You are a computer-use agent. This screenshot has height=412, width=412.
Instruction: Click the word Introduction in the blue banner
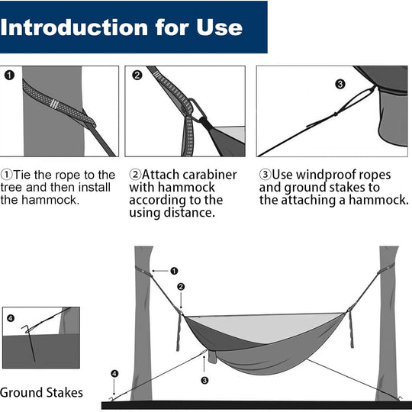(74, 27)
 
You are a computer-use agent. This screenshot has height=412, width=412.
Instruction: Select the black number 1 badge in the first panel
(9, 76)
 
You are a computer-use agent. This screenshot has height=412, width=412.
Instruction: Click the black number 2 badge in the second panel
(137, 76)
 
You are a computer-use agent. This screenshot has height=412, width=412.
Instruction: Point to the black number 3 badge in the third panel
(340, 85)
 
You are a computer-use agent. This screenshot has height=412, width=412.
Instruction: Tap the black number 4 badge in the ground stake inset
(11, 318)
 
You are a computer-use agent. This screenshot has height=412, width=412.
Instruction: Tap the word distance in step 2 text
(189, 213)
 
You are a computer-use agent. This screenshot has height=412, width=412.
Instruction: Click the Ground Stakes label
(41, 393)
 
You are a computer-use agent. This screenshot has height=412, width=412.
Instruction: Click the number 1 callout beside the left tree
(174, 271)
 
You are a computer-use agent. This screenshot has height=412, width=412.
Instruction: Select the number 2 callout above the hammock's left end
(181, 287)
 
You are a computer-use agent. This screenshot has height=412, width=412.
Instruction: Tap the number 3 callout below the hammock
(204, 380)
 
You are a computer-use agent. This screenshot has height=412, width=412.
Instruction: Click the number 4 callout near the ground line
(114, 373)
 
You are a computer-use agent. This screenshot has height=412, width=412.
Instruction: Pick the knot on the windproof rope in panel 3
(336, 114)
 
